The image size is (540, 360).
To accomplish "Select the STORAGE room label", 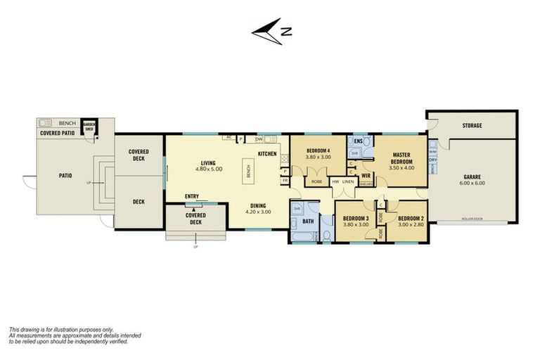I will [x=472, y=125].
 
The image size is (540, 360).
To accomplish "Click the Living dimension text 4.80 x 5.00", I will [x=208, y=169].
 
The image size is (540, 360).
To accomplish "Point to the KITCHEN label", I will [x=267, y=153].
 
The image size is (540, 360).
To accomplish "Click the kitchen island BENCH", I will [x=247, y=170].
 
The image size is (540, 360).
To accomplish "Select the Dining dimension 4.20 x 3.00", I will [x=259, y=212].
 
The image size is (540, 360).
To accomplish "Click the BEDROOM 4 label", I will [x=319, y=151].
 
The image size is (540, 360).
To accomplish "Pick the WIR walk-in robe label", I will [x=366, y=175].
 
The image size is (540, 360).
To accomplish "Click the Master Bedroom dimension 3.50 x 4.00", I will [x=401, y=167].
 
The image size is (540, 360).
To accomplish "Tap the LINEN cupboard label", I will [x=348, y=181].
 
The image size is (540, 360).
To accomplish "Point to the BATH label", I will [x=308, y=221].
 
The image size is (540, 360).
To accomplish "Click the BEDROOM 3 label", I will [x=355, y=219].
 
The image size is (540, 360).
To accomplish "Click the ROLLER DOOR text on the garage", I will [x=471, y=219].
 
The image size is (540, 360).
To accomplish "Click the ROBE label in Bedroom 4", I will [x=316, y=181].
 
